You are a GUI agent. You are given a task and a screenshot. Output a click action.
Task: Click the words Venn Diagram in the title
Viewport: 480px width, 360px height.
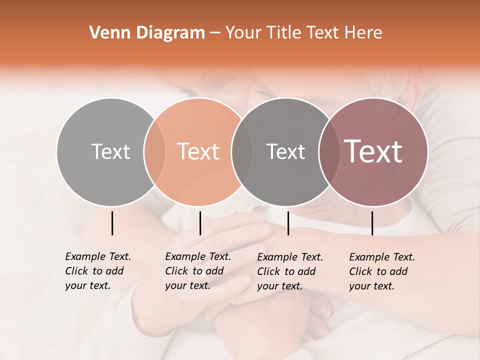tap(147, 33)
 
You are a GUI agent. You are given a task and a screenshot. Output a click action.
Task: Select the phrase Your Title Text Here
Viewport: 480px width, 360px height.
tap(303, 33)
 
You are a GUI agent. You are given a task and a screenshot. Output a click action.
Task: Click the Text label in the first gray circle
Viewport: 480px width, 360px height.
tap(110, 151)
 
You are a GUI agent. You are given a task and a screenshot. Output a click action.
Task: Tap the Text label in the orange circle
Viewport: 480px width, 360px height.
tap(198, 151)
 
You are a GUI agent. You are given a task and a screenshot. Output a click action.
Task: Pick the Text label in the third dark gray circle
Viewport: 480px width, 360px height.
tap(285, 151)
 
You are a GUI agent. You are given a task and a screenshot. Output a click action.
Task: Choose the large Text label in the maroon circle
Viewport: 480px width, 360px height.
tap(373, 151)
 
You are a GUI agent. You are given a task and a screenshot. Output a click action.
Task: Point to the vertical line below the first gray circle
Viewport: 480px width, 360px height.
tap(112, 223)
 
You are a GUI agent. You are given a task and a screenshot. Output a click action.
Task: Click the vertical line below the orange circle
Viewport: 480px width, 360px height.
tap(200, 223)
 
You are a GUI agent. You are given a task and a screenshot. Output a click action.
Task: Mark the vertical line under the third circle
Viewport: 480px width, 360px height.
tap(288, 223)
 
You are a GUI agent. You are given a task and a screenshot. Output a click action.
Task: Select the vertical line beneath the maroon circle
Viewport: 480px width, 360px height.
tap(372, 223)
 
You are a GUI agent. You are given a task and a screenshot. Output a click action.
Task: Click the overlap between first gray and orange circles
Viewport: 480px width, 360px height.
tap(154, 151)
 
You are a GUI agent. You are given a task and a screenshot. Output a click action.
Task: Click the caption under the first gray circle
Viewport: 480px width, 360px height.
tap(97, 271)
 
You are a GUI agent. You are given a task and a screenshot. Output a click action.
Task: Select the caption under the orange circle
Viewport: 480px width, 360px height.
tap(197, 271)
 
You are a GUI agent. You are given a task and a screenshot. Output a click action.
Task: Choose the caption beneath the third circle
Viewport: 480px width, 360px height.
tap(289, 271)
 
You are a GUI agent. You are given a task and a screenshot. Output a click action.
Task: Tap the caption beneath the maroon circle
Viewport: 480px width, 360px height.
tap(381, 271)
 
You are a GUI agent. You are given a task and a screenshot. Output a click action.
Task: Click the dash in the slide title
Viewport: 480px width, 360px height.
tap(215, 33)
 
